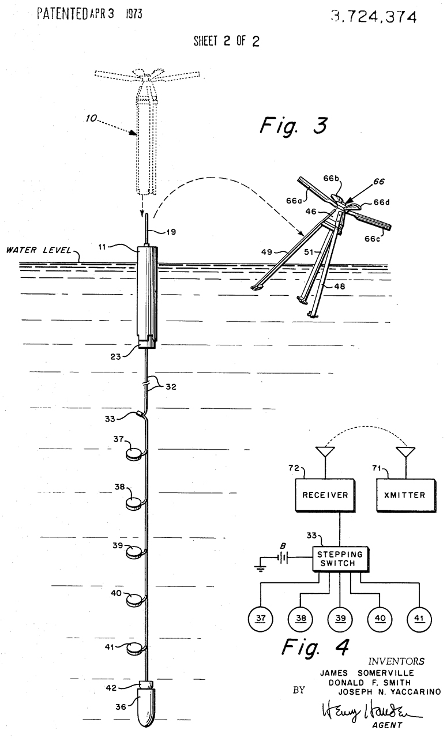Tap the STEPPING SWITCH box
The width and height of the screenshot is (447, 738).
[x=341, y=558]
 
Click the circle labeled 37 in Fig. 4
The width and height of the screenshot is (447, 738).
[x=261, y=619]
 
